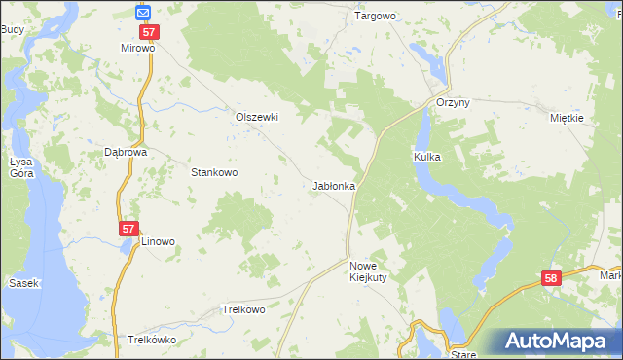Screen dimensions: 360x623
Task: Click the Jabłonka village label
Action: [x=334, y=185]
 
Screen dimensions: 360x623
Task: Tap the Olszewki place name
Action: [x=257, y=117]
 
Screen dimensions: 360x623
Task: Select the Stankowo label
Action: [x=214, y=172]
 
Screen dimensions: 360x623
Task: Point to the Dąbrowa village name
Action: [x=125, y=153]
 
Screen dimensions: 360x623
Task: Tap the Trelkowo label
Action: [x=243, y=309]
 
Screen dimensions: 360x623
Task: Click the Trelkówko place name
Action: [x=151, y=341]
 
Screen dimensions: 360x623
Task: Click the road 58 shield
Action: [x=552, y=279]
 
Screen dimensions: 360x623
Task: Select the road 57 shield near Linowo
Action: [x=128, y=228]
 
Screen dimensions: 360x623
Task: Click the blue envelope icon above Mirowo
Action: [x=143, y=13]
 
